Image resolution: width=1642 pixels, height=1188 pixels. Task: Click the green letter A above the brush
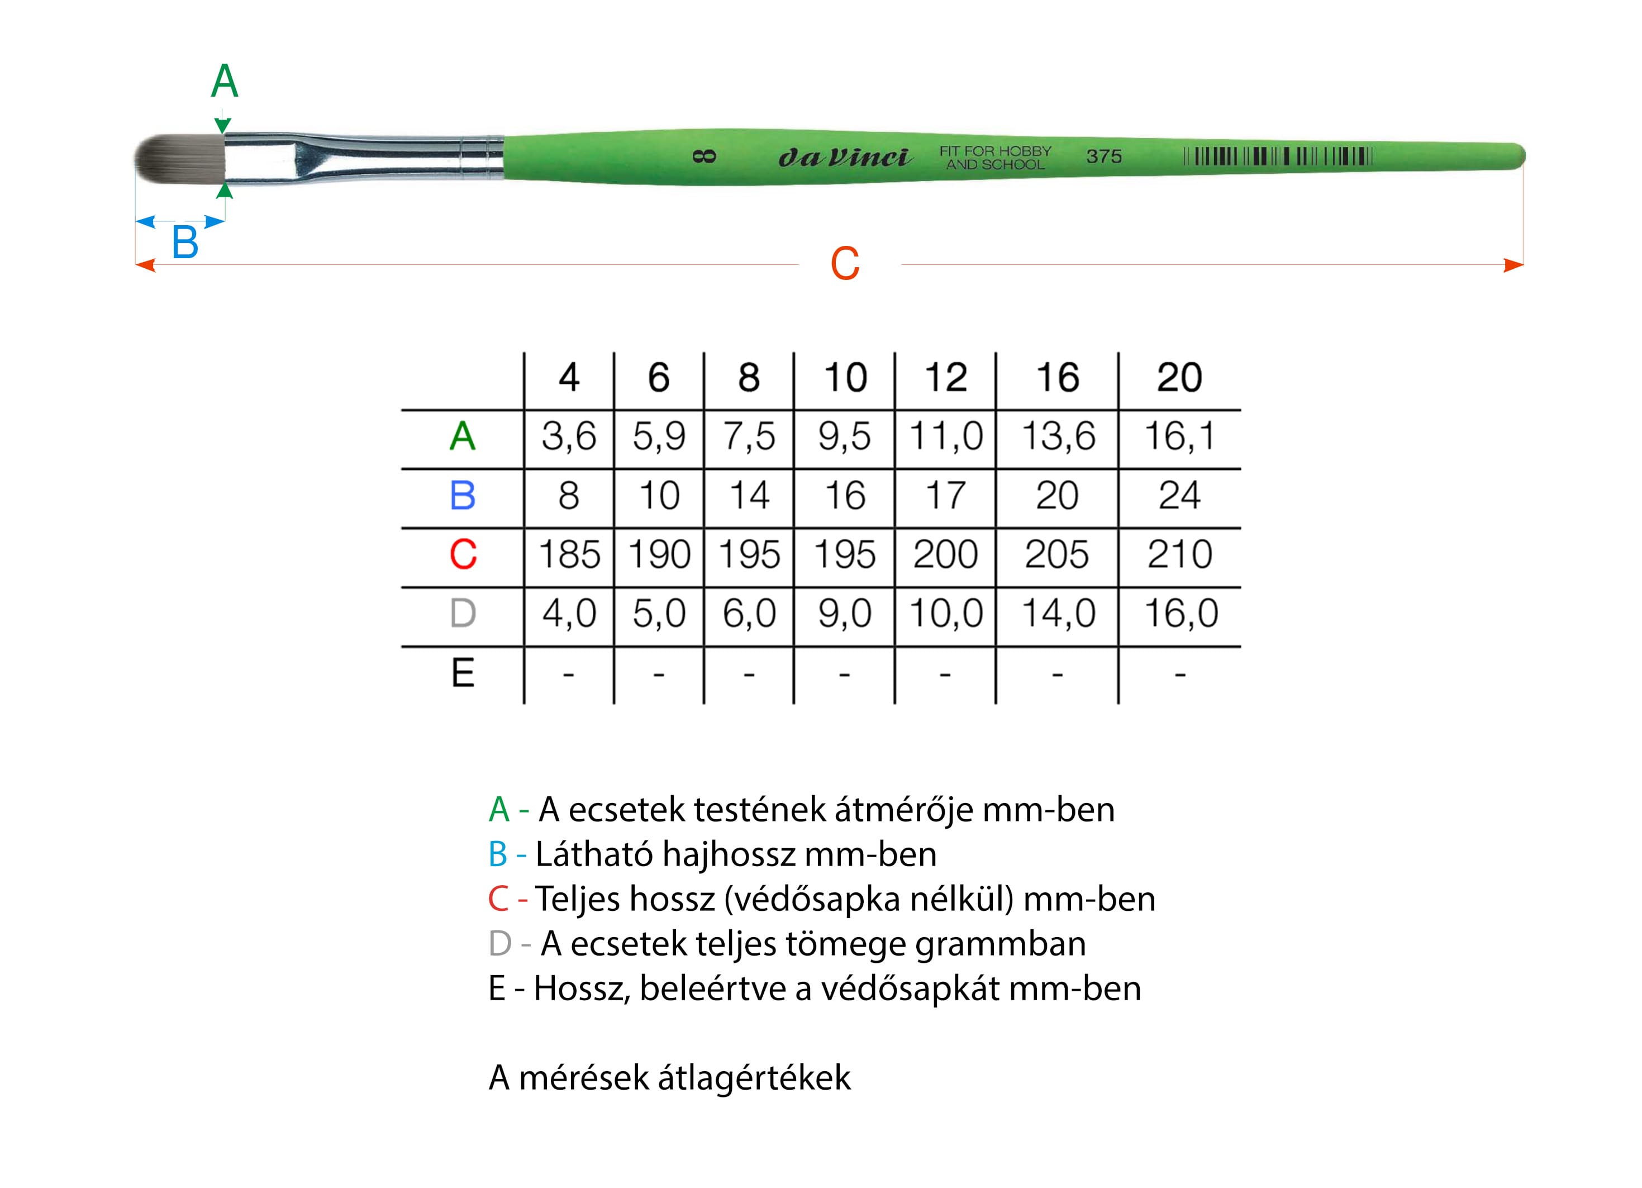click(x=225, y=80)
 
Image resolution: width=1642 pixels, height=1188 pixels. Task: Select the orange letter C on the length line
click(x=845, y=264)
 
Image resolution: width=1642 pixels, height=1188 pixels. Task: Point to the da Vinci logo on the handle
click(x=845, y=157)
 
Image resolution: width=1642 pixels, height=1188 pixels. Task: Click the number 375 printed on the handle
click(x=1104, y=156)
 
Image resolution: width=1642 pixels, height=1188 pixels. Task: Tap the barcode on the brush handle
click(x=1278, y=156)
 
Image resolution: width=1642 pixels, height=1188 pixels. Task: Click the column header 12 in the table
click(x=945, y=377)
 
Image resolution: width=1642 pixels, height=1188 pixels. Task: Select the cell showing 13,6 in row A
click(x=1058, y=436)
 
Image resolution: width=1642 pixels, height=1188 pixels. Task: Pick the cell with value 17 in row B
click(x=945, y=496)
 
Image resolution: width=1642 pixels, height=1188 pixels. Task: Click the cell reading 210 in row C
click(x=1179, y=554)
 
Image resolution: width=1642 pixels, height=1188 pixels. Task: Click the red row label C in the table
click(x=463, y=554)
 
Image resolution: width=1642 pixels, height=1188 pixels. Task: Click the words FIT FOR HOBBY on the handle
click(x=996, y=150)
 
